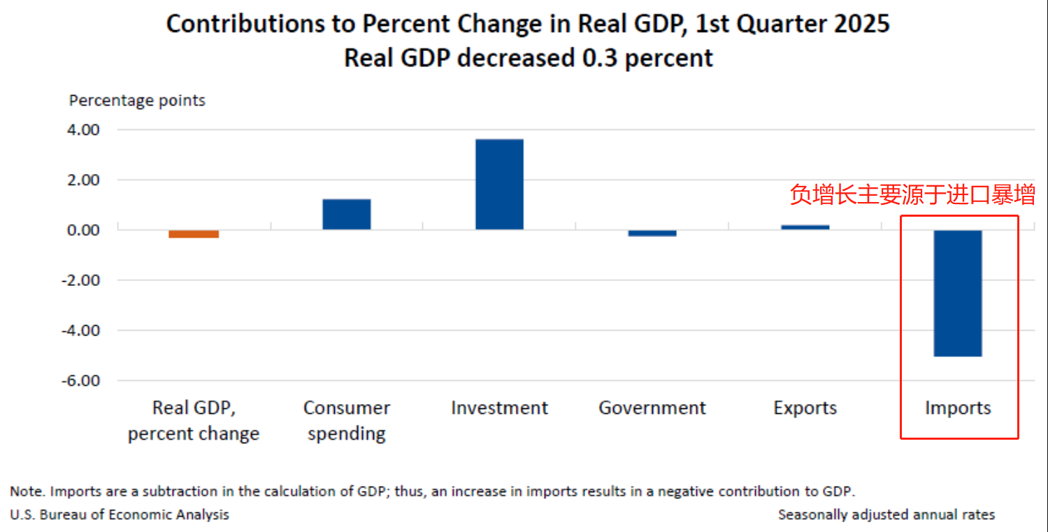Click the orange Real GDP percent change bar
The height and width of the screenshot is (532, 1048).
[194, 234]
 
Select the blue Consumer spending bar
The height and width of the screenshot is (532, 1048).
[346, 215]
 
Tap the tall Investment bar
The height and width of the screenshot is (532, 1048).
[499, 185]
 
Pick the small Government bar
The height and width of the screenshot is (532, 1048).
[652, 233]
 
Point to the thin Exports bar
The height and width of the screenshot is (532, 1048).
[805, 227]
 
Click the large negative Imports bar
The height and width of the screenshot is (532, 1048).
[958, 293]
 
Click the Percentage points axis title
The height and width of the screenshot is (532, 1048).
[137, 101]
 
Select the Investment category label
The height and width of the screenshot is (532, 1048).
[499, 408]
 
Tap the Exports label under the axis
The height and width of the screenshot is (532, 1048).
[805, 408]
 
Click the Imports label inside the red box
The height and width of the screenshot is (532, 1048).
[958, 408]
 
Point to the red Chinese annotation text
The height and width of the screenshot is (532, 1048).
[912, 195]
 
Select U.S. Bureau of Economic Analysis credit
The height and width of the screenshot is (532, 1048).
[120, 515]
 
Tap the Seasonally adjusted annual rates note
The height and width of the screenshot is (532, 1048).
[886, 515]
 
